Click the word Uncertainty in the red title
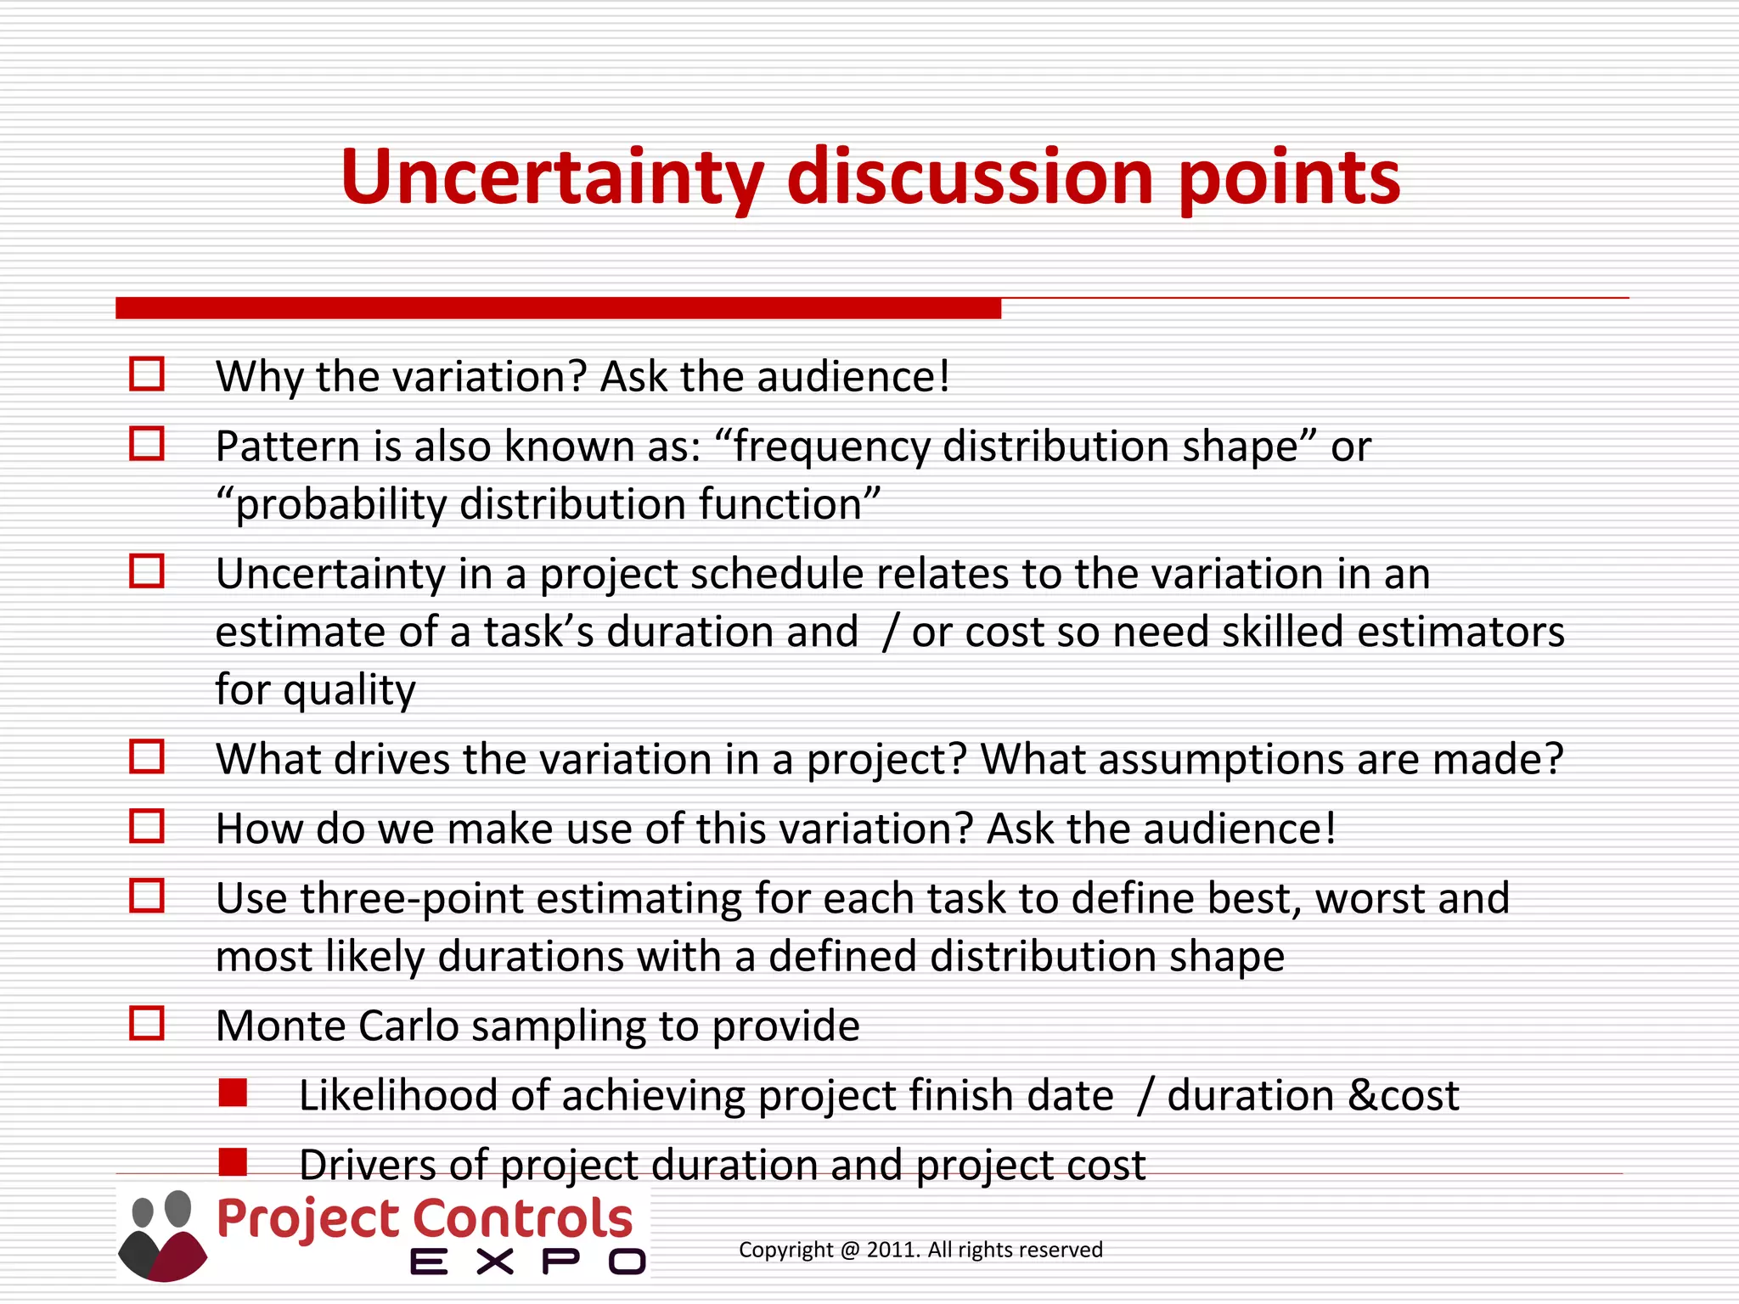coord(552,178)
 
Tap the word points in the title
coord(1289,178)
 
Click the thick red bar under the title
coord(558,308)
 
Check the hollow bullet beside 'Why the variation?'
coord(147,374)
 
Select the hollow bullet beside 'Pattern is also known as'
coord(147,444)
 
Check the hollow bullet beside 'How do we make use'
coord(147,826)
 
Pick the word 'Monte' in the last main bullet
coord(280,1026)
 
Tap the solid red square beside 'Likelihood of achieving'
coord(233,1093)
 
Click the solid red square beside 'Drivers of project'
coord(233,1162)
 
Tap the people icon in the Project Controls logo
coord(162,1235)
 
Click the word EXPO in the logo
coord(527,1262)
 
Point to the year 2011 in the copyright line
coord(891,1251)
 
